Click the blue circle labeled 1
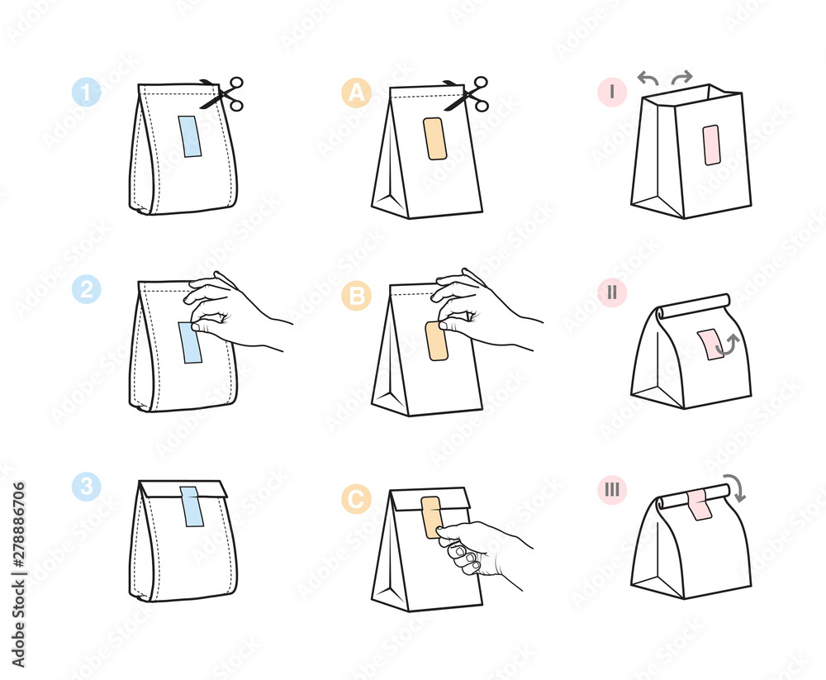coord(86,91)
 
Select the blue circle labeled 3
coord(86,488)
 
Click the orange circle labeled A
coord(356,93)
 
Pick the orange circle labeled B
coord(356,295)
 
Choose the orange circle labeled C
coord(356,499)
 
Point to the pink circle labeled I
coord(611,92)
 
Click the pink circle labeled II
coord(611,292)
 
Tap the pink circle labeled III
coord(611,490)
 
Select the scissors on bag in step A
coord(468,93)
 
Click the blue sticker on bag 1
coord(190,136)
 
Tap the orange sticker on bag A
coord(434,138)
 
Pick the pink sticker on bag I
coord(710,145)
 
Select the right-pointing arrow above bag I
coord(681,78)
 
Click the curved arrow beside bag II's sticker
coord(727,345)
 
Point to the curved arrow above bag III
coord(734,487)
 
